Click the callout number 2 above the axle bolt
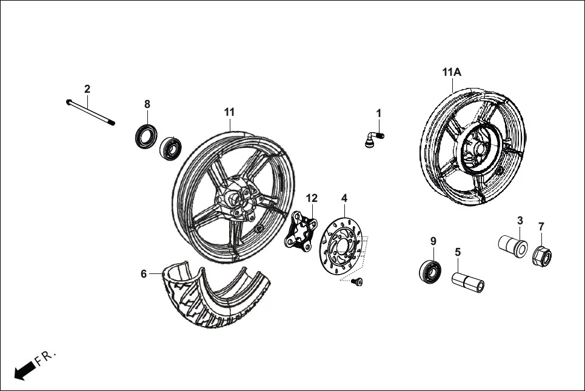pyautogui.click(x=87, y=89)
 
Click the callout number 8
pyautogui.click(x=147, y=104)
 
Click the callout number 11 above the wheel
pyautogui.click(x=229, y=112)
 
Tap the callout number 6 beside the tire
pyautogui.click(x=144, y=274)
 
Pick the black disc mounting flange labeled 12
pyautogui.click(x=302, y=230)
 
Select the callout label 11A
pyautogui.click(x=452, y=72)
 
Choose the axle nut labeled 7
pyautogui.click(x=541, y=258)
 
